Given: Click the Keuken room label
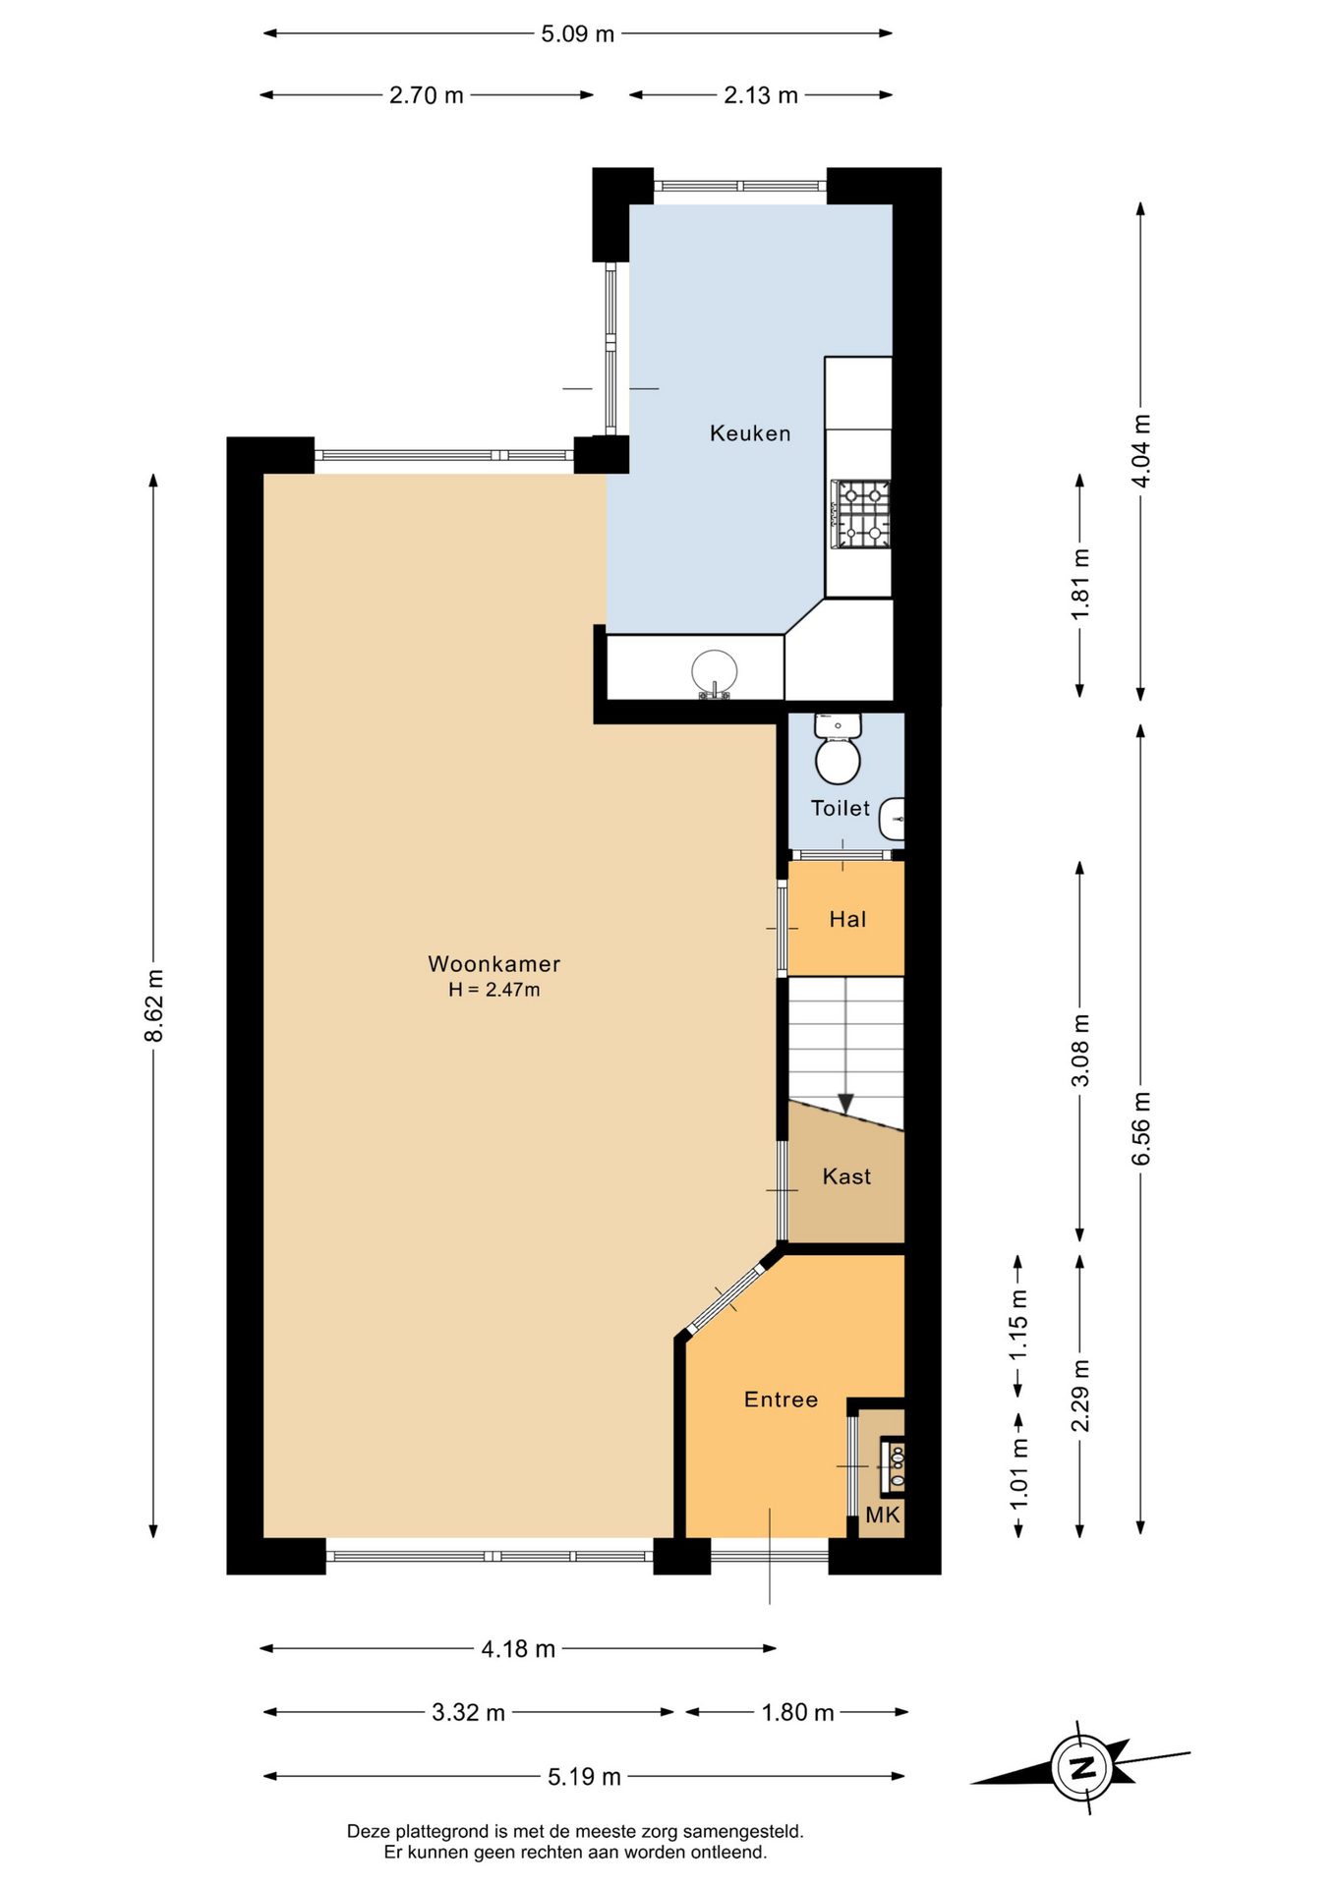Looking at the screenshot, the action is point(750,433).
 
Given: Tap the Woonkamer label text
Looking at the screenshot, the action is point(493,964).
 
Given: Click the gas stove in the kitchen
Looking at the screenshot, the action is point(861,514).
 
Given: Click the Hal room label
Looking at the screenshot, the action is point(847,920).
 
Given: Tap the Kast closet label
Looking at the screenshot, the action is point(846,1176).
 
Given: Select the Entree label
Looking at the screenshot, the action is point(781,1400).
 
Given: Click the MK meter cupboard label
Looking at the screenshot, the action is point(883,1515).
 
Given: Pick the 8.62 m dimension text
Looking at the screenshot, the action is point(154,1006).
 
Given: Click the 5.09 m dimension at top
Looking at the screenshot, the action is point(578,34).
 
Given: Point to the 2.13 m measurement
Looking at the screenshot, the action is point(761,95).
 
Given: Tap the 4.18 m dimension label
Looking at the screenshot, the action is point(518,1649).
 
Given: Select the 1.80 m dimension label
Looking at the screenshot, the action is point(797,1713).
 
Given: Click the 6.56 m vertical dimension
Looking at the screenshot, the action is point(1141,1128).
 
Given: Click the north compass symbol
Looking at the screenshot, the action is point(1081,1767).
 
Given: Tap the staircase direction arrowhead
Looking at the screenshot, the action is point(845,1105).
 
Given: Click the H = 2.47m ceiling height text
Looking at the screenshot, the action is point(493,991).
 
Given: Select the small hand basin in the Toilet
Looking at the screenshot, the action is point(892,818).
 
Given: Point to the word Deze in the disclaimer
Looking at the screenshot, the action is point(368,1832).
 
